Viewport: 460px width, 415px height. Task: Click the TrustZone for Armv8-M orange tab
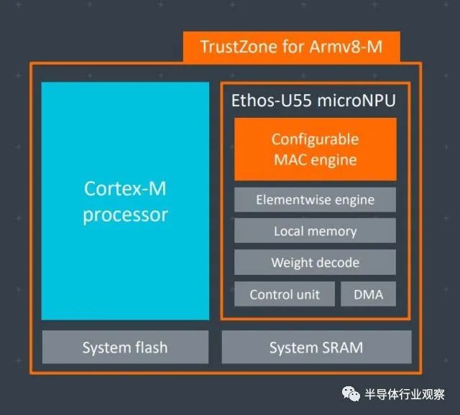pos(292,47)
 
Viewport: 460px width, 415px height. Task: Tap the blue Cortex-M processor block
pos(125,201)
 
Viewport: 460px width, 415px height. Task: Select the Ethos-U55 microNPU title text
pos(313,101)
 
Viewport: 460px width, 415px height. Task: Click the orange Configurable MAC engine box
pos(316,149)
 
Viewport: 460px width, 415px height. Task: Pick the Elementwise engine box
pos(315,200)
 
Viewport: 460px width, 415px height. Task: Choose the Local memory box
pos(315,230)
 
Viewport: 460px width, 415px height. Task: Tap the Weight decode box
pos(315,262)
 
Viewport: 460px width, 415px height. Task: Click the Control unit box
pos(285,294)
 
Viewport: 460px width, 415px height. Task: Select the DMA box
pos(369,294)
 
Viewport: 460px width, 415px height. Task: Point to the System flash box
pos(125,347)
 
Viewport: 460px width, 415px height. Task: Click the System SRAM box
pos(316,347)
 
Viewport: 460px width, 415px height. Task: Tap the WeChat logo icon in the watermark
pos(351,393)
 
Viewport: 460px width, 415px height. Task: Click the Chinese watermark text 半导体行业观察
pos(405,394)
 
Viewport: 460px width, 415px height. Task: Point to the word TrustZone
pos(239,47)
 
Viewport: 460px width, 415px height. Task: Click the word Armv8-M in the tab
pos(346,47)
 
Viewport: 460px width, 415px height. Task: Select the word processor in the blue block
pos(125,215)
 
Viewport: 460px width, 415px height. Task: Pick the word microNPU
pos(356,101)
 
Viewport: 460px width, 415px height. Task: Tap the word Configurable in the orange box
pos(315,139)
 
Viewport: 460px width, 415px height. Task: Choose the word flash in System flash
pos(152,348)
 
